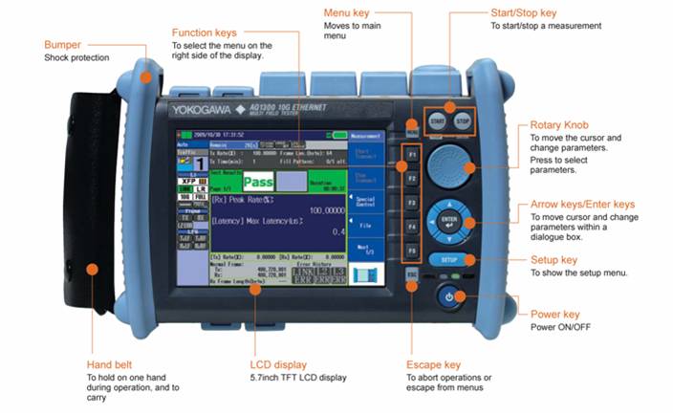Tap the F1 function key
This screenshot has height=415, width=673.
pos(412,153)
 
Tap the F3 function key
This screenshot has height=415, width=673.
pos(412,203)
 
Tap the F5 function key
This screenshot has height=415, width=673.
pos(412,251)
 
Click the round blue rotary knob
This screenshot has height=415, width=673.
pos(449,166)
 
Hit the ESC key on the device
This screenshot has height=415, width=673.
pos(412,275)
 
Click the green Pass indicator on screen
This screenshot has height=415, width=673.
pos(257,182)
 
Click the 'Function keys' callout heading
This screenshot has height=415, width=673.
pos(205,33)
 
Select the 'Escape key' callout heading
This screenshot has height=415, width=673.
pos(433,364)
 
